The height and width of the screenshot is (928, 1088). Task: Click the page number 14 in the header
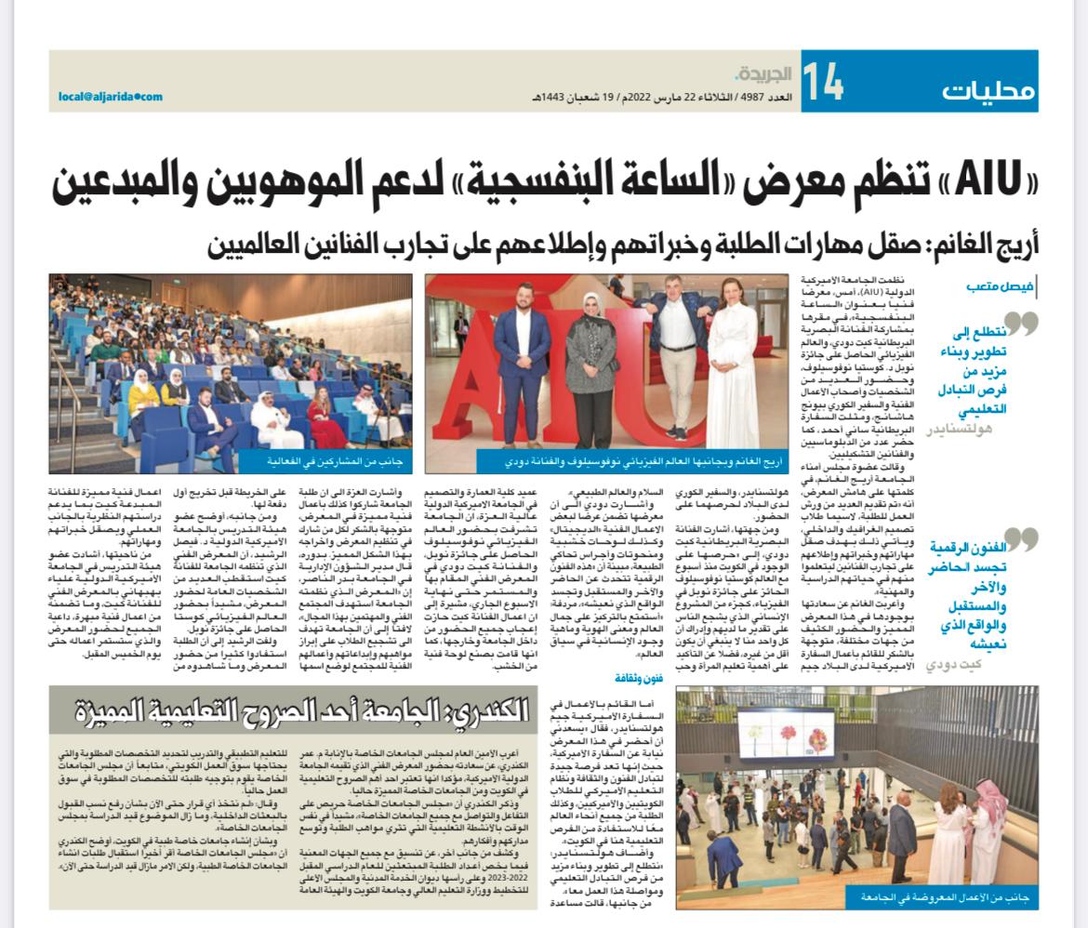822,83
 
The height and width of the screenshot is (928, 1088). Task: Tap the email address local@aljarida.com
111,96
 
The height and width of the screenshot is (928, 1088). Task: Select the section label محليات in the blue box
987,90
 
